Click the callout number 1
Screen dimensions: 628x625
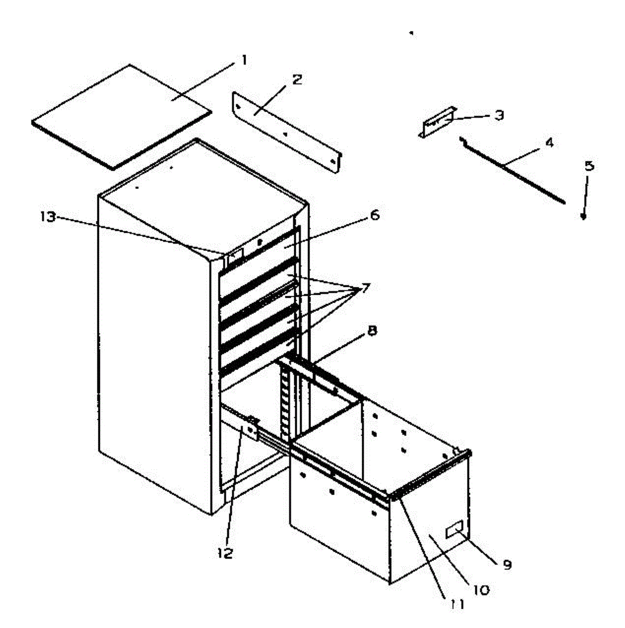tap(243, 60)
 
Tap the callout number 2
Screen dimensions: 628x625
tap(297, 80)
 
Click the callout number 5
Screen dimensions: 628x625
tap(589, 166)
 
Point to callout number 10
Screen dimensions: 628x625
tap(481, 590)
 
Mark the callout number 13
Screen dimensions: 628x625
tap(48, 216)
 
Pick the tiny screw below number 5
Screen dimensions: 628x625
tap(583, 218)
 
